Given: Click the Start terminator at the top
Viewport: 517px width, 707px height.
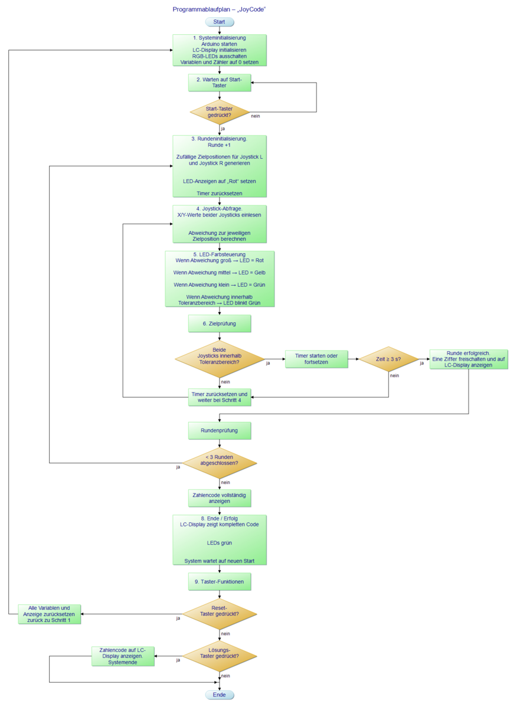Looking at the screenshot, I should pos(220,22).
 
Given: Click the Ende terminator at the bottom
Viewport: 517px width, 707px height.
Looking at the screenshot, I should pos(220,695).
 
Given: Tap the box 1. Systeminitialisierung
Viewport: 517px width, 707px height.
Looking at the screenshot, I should pos(220,50).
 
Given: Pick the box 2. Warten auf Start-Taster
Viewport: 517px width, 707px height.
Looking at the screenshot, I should pos(220,83).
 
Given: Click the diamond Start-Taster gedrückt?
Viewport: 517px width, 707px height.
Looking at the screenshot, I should pos(220,112).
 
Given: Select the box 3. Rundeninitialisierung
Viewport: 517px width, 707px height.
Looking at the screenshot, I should pos(220,166).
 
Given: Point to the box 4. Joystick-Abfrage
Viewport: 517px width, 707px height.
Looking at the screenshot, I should pos(220,224).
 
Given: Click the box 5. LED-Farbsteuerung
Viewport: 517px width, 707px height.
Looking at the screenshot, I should pos(220,279).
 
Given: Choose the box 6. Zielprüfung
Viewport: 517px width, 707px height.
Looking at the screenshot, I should pos(220,323).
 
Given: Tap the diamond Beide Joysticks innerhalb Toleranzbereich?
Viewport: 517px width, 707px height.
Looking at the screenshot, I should pos(220,358).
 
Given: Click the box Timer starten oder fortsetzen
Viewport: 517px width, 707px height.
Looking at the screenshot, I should pos(316,359).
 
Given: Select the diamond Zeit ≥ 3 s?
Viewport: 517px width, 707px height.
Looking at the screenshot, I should pos(388,359).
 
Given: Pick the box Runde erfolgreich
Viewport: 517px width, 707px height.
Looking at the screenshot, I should pos(469,359).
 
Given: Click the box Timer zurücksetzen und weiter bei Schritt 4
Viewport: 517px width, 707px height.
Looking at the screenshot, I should pos(220,397).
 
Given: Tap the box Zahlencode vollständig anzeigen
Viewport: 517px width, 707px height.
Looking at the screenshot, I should pos(220,498).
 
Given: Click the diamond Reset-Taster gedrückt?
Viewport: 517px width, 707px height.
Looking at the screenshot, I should pos(220,614).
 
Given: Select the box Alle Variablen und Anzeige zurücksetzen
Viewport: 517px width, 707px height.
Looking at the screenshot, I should pos(49,614).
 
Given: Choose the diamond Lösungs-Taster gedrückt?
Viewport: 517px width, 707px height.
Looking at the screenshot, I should pos(220,656).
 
